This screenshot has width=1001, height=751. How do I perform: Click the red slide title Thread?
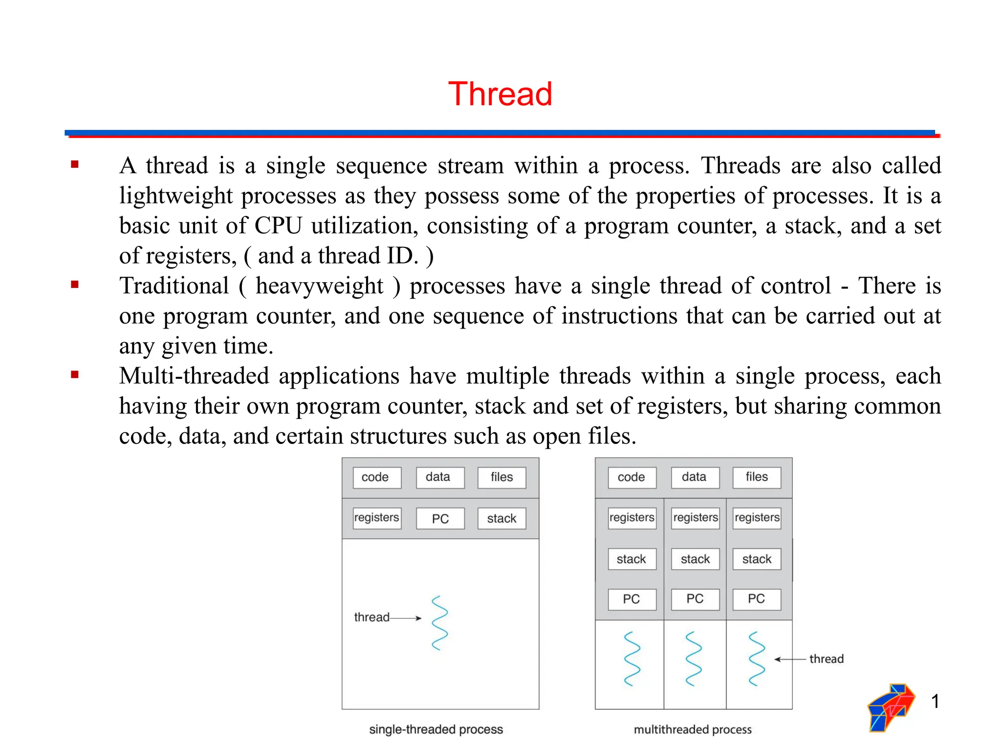pos(500,94)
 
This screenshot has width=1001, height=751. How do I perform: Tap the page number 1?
pos(935,701)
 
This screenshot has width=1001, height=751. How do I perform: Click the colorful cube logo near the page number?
pos(891,707)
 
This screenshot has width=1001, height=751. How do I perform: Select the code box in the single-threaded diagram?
pos(376,477)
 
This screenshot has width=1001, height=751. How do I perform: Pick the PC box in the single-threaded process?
pos(440,518)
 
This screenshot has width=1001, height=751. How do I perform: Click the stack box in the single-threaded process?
pos(501,518)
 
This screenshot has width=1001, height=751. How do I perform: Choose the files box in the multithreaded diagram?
pos(757,477)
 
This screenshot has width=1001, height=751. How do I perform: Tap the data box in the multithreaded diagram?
pos(695,477)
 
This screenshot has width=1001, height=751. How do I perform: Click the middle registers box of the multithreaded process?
pos(695,518)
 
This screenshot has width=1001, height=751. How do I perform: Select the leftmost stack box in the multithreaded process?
pos(631,559)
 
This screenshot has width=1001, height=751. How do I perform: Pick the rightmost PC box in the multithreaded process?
pos(757,599)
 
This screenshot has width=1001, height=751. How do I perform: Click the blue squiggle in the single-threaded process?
pos(440,622)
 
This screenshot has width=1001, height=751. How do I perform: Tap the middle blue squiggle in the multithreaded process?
pos(694,659)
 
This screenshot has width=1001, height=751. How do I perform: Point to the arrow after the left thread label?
pos(406,618)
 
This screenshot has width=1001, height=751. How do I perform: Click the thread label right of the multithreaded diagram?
pos(826,659)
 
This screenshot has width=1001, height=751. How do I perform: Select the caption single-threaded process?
pos(436,729)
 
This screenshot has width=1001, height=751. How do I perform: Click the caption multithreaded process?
pos(693,729)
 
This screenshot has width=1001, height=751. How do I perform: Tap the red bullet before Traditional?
pos(75,285)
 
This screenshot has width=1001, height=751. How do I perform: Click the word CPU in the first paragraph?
pos(278,226)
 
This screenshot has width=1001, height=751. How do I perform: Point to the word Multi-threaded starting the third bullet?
pos(194,376)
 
